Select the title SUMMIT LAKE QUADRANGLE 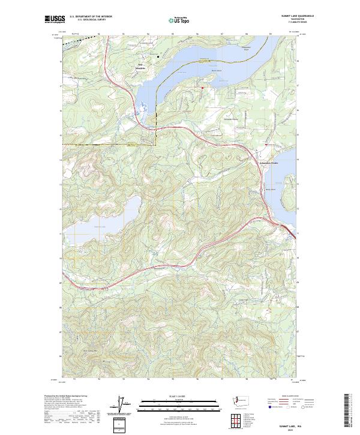pos(288,16)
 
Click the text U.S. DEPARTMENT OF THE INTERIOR pos(90,16)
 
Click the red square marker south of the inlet pos(202,88)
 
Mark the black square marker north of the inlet pos(158,57)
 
